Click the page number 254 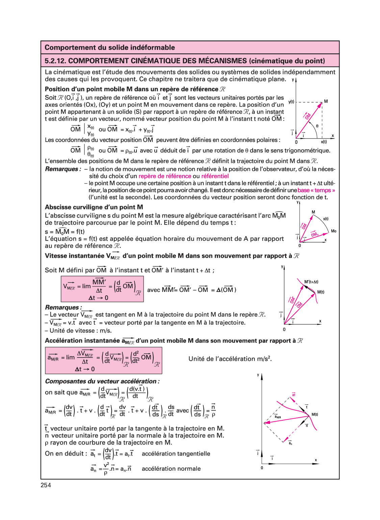point(46,485)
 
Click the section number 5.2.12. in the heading point(55,61)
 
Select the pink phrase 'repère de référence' point(165,176)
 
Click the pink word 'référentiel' point(215,176)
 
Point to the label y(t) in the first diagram point(291,102)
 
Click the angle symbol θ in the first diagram point(317,126)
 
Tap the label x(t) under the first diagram point(324,142)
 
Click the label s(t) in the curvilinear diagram point(326,219)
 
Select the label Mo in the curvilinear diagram point(334,231)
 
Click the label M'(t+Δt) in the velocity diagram point(311,282)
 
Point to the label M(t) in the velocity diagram point(321,292)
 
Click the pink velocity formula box point(102,289)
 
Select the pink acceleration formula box point(103,360)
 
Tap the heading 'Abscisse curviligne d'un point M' point(94,207)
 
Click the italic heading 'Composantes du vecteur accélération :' point(102,381)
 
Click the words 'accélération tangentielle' point(176,454)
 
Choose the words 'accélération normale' point(171,469)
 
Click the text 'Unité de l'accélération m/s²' point(230,359)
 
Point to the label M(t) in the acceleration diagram point(314,414)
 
